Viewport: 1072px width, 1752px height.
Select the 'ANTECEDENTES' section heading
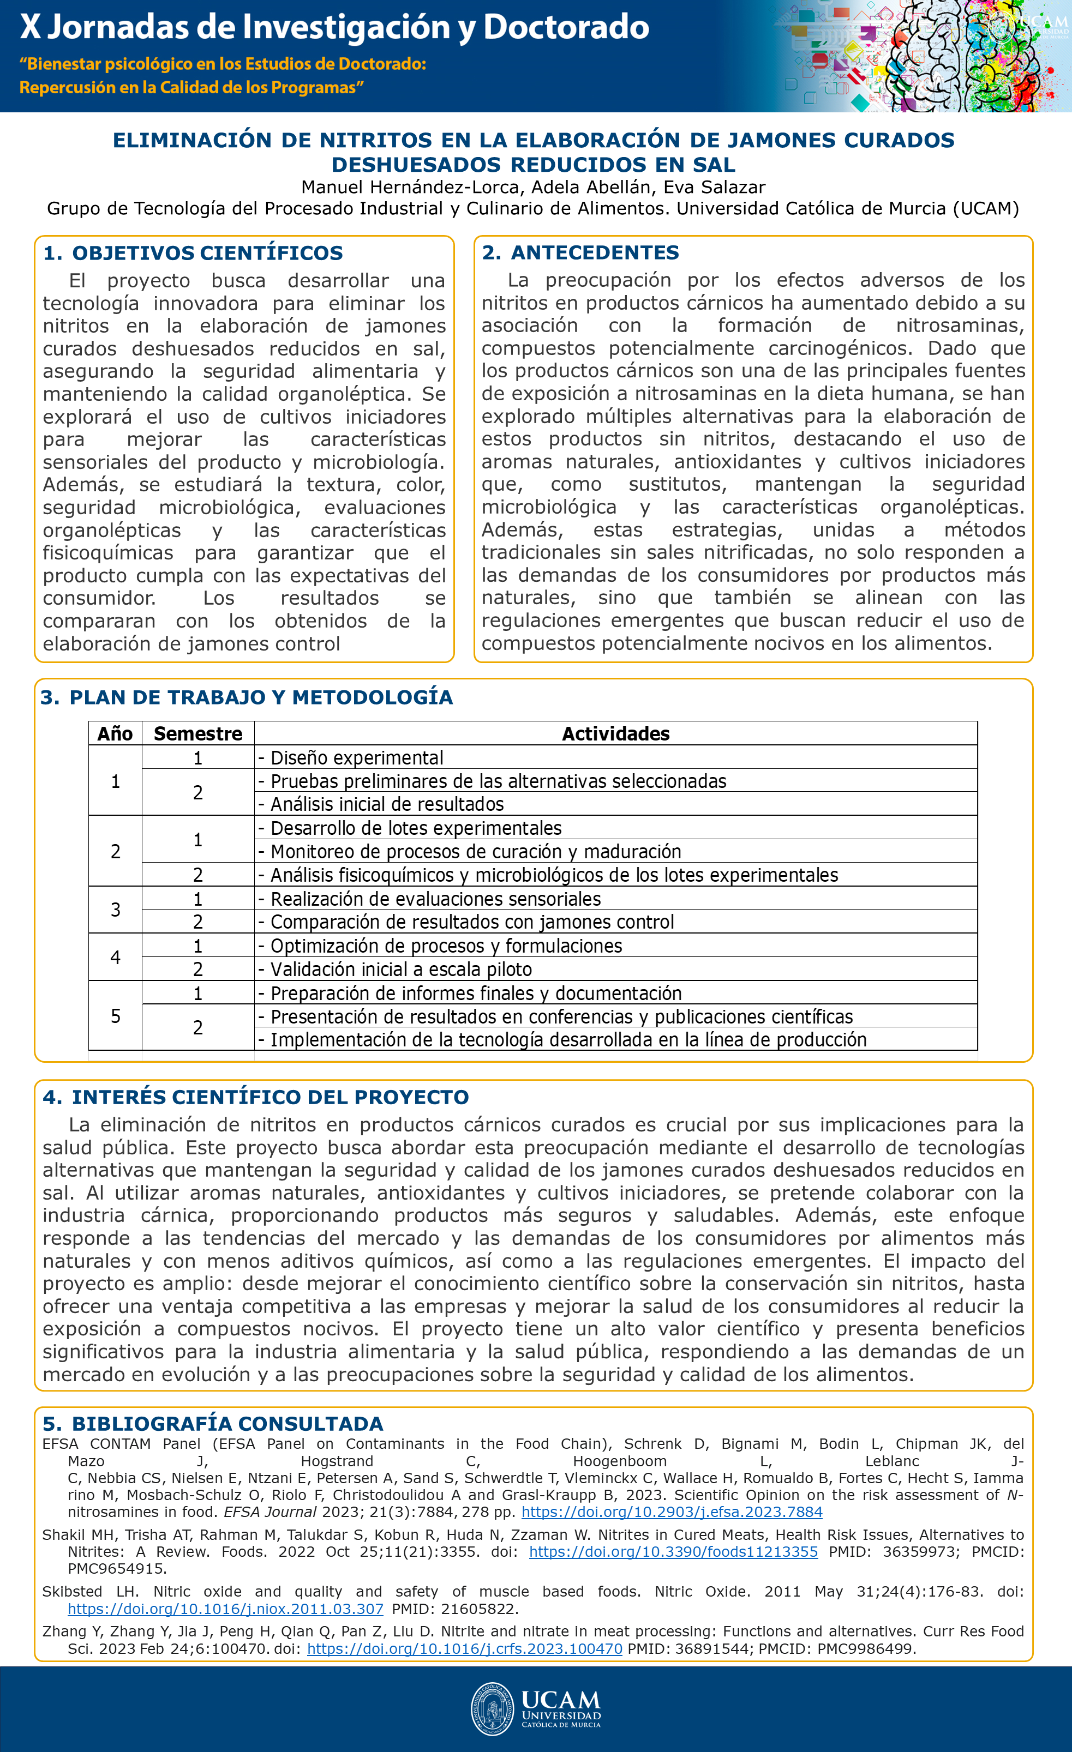point(595,252)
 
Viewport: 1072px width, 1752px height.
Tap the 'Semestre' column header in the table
point(197,734)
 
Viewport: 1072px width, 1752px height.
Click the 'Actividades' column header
point(615,734)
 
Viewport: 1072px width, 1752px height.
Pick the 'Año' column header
point(115,734)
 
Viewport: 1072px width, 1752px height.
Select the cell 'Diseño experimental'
point(356,758)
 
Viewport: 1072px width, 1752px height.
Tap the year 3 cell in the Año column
point(115,910)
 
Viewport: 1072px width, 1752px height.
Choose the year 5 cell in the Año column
point(115,1016)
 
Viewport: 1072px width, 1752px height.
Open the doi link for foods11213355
point(673,1552)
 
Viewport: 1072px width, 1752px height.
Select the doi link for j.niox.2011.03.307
point(225,1609)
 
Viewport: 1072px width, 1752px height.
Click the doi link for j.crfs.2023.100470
point(464,1649)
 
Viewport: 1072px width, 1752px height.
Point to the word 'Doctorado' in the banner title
point(566,27)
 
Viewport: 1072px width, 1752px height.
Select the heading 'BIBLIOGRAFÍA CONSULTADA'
point(227,1424)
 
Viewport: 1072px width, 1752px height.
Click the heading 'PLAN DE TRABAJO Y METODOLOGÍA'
point(260,697)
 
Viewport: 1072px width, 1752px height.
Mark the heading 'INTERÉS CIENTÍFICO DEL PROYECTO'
point(270,1097)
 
